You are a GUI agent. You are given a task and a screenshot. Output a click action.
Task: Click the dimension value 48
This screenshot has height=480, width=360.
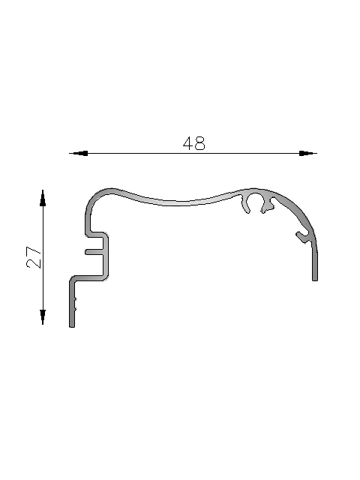194,143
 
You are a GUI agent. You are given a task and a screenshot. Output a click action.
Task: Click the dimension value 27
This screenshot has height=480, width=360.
34,257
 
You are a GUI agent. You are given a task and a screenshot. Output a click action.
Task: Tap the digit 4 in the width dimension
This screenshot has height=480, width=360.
188,143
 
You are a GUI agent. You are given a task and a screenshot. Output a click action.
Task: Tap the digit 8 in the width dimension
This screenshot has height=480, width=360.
200,143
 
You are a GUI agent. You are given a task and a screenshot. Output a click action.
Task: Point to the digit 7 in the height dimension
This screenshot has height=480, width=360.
34,251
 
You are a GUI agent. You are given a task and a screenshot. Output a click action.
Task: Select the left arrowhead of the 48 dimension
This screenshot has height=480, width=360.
80,153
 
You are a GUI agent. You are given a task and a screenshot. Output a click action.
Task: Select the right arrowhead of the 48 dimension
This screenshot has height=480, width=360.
306,153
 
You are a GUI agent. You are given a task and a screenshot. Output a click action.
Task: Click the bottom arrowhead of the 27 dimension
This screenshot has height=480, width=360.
43,316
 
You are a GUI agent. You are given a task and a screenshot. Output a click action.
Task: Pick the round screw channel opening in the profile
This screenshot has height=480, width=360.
254,200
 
